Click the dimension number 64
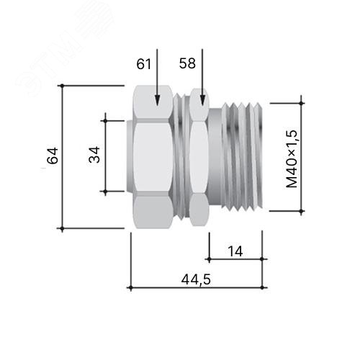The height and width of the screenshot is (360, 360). pos(53,156)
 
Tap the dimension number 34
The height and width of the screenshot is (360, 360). pos(94,155)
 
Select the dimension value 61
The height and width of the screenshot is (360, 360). pos(144,64)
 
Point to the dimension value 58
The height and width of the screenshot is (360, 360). pos(187,63)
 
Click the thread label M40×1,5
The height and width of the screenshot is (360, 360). pos(292,159)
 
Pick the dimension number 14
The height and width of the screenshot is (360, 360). pos(235,251)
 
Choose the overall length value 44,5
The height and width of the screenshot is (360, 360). pos(196,280)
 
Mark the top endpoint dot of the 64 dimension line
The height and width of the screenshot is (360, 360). pos(62,86)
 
